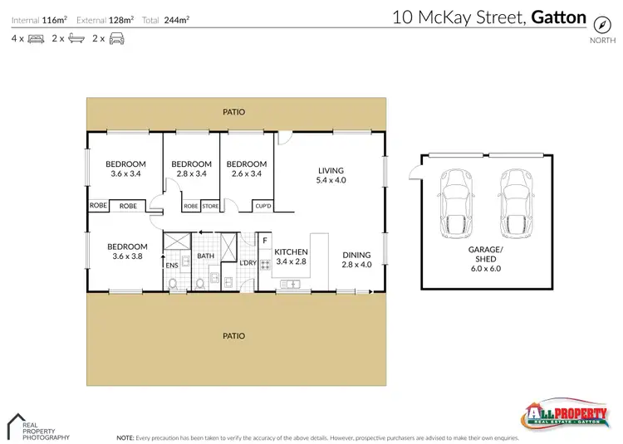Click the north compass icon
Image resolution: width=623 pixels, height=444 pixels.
click(x=597, y=26)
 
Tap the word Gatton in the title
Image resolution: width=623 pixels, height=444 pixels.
click(x=557, y=17)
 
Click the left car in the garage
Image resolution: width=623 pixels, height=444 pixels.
click(x=456, y=203)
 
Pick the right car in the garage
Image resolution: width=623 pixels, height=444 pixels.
click(x=513, y=203)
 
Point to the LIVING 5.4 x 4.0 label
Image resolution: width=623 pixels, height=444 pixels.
click(x=330, y=174)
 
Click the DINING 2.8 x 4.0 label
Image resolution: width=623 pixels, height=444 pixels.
click(x=356, y=260)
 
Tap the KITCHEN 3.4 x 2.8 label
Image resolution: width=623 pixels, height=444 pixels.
click(x=291, y=256)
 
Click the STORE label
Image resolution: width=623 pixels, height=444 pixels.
click(x=210, y=206)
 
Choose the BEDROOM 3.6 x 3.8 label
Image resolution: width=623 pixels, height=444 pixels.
click(x=127, y=251)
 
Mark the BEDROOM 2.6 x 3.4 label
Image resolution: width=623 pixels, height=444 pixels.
click(x=247, y=169)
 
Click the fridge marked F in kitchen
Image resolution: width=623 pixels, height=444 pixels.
click(x=265, y=242)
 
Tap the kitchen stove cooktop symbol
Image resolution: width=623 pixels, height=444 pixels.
click(x=266, y=266)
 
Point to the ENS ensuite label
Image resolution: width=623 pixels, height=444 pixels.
click(x=173, y=266)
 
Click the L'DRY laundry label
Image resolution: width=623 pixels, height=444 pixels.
click(x=247, y=264)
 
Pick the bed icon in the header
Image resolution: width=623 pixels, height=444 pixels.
click(x=35, y=38)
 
